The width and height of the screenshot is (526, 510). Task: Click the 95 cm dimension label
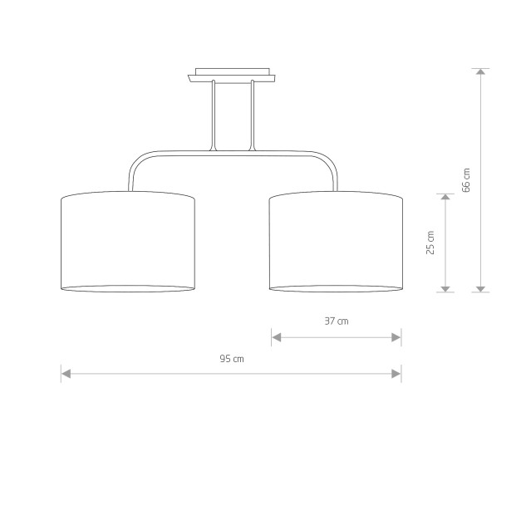coord(232,359)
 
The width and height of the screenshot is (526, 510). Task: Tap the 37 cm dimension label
coord(337,321)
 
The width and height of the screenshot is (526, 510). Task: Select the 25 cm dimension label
coord(430,243)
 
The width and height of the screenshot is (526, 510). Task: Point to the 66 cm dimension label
coord(466,180)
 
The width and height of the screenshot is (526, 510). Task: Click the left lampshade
coord(128,242)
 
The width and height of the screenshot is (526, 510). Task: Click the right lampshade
coord(337,242)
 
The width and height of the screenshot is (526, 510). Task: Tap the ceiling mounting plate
coord(232,75)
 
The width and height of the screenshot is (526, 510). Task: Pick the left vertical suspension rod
coord(213,115)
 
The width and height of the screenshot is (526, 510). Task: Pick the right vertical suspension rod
coord(253,115)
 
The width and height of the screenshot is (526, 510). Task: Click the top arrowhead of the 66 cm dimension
coord(481,71)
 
